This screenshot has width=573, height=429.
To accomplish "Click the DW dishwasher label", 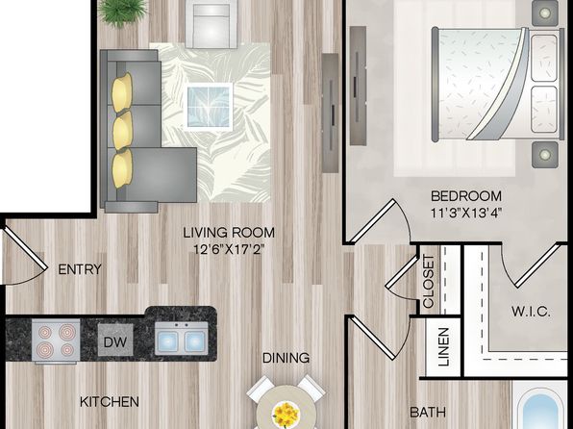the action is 115,342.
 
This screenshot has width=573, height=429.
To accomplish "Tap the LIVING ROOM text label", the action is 229,233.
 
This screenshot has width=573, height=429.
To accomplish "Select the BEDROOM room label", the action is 466,196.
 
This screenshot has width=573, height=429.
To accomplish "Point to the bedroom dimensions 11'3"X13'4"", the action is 466,213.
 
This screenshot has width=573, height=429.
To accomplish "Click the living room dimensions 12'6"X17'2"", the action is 229,249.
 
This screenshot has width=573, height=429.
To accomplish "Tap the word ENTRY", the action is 80,269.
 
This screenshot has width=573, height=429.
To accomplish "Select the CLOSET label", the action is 428,281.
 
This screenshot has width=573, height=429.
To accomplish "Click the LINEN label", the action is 443,347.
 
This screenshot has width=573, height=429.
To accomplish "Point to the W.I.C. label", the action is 531,312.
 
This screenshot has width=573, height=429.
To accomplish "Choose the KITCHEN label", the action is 110,402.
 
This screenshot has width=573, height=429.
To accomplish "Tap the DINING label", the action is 286,358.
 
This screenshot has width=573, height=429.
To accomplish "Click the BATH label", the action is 428,413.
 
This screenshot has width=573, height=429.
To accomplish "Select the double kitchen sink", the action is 182,339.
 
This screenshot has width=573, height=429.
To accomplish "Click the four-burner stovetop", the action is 56,341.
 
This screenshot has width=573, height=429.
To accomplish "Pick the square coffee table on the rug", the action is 210,106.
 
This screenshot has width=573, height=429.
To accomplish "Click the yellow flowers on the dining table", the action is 286,414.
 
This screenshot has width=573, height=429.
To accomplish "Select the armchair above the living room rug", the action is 212,23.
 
